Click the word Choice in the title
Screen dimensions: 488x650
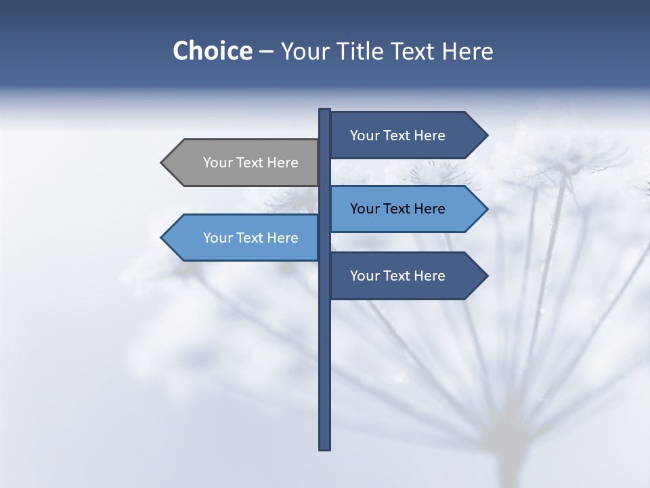pyautogui.click(x=212, y=51)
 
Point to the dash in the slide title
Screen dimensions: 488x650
pyautogui.click(x=266, y=52)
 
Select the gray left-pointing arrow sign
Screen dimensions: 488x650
pyautogui.click(x=244, y=163)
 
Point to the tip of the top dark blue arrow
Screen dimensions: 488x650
pyautogui.click(x=486, y=136)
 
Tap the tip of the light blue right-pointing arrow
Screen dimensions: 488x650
pyautogui.click(x=486, y=209)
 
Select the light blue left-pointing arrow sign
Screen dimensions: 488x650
pyautogui.click(x=244, y=238)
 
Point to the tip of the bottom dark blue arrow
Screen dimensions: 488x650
pyautogui.click(x=486, y=276)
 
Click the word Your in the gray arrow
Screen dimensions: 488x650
pyautogui.click(x=217, y=163)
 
